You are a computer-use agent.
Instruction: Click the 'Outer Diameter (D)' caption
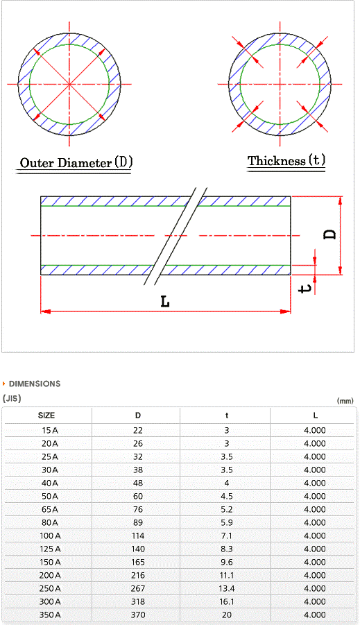(76, 162)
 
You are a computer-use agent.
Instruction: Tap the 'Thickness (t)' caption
(286, 161)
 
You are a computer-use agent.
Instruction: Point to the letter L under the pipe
(165, 302)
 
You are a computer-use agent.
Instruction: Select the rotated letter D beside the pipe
(329, 234)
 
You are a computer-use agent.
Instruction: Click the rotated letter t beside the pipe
(305, 287)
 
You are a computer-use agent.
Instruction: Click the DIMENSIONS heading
(35, 384)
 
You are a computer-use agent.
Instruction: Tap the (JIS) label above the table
(12, 398)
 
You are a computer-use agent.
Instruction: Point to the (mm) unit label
(345, 401)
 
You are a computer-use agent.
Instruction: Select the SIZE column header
(46, 416)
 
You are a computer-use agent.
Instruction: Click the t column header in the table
(227, 416)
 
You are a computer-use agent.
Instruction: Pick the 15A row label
(49, 431)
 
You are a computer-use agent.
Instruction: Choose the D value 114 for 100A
(138, 536)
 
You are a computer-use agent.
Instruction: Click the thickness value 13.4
(227, 588)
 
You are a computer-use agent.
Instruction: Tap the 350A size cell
(50, 615)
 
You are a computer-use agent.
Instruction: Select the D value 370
(138, 615)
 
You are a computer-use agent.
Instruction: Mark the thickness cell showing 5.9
(227, 522)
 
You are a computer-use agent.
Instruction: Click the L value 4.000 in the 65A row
(315, 509)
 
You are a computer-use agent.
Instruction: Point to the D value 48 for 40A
(138, 483)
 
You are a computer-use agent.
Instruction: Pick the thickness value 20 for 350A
(227, 615)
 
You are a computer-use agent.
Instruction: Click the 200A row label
(50, 575)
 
